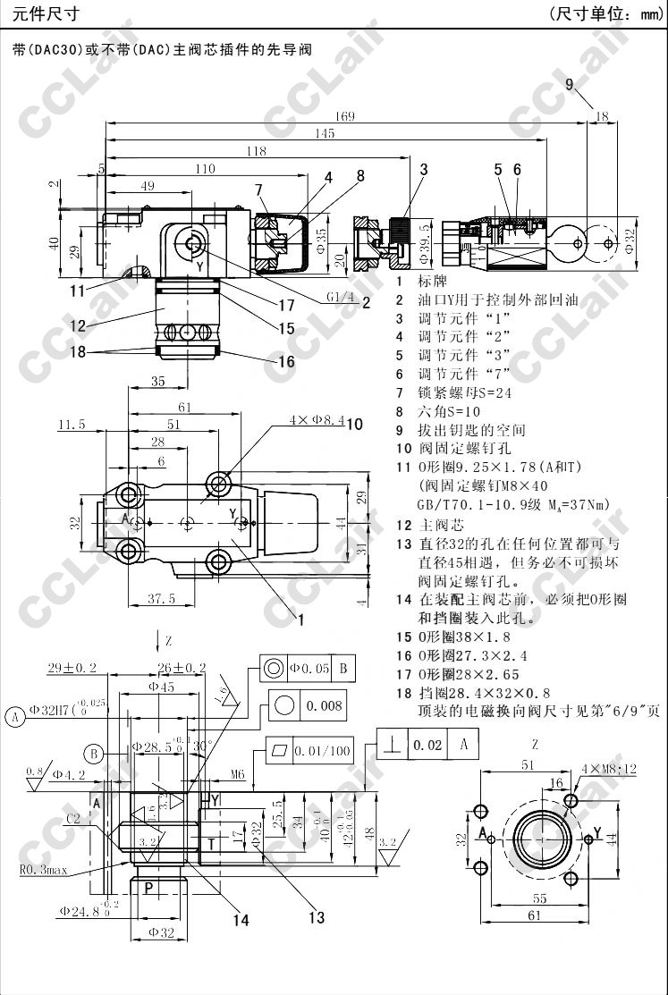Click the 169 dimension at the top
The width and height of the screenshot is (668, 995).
point(345,116)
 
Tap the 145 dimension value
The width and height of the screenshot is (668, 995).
point(324,133)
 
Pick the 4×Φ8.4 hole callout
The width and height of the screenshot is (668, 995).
point(316,419)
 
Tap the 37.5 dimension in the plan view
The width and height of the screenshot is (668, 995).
point(161,599)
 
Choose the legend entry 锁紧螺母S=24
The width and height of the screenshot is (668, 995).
point(465,392)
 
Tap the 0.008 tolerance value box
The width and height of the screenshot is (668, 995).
point(324,706)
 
